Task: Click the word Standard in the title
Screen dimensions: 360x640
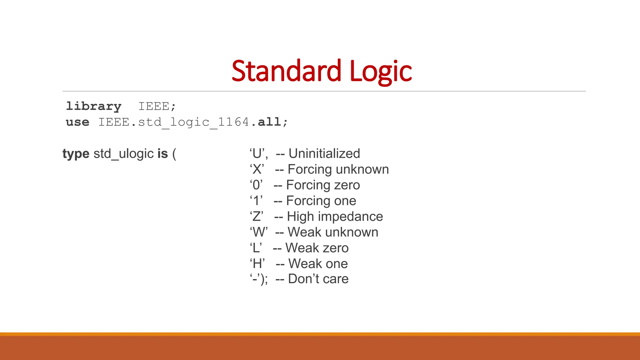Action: point(286,71)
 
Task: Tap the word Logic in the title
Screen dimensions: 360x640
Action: point(381,72)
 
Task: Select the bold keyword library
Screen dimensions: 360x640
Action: point(93,107)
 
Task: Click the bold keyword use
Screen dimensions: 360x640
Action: point(77,122)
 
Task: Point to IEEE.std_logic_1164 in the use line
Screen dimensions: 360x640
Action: point(173,122)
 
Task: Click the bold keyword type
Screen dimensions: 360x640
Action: point(76,154)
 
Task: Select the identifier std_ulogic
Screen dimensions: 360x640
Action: point(123,154)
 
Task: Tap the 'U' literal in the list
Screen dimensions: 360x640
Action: point(257,154)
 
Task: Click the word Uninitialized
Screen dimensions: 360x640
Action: point(324,154)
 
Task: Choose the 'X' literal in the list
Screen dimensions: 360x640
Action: point(257,169)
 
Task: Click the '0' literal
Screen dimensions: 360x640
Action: point(256,185)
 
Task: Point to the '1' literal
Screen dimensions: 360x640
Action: point(256,201)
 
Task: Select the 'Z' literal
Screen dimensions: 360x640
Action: point(257,217)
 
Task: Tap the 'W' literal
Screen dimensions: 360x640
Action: point(258,232)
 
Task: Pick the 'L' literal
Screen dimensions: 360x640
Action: point(256,248)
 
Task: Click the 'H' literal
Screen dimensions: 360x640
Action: point(257,264)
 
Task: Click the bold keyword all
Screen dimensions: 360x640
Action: point(269,122)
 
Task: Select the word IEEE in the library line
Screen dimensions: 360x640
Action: point(154,107)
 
